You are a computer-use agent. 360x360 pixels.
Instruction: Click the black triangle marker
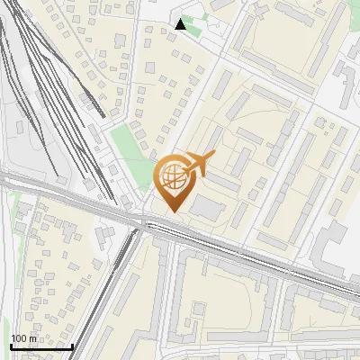[181, 24]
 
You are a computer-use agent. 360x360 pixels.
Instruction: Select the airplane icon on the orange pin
[200, 165]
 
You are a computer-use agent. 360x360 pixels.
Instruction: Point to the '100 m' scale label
[23, 338]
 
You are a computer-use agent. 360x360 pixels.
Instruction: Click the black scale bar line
[41, 346]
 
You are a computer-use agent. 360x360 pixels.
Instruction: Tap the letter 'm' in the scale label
[32, 338]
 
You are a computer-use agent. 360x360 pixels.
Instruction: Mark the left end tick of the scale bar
[11, 345]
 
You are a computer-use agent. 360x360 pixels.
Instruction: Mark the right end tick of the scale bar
[72, 345]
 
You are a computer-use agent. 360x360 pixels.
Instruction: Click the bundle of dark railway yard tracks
[54, 99]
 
